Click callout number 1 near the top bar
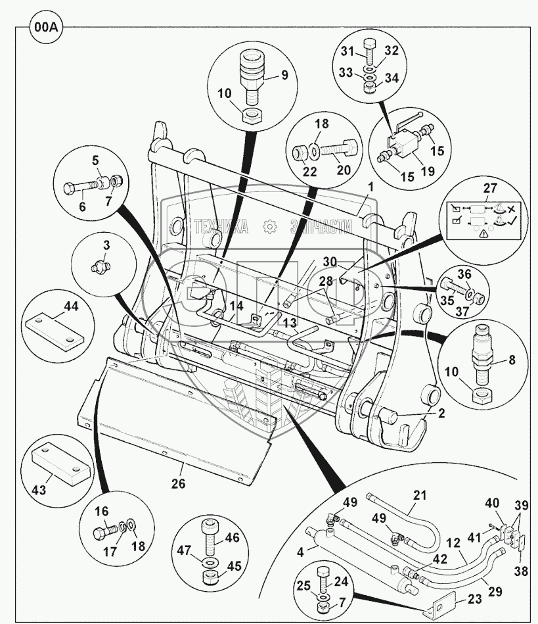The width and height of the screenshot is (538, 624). tap(371, 187)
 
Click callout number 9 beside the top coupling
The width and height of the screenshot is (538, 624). tap(284, 74)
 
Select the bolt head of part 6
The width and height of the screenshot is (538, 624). tap(70, 190)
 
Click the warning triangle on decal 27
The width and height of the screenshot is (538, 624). tap(483, 232)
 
